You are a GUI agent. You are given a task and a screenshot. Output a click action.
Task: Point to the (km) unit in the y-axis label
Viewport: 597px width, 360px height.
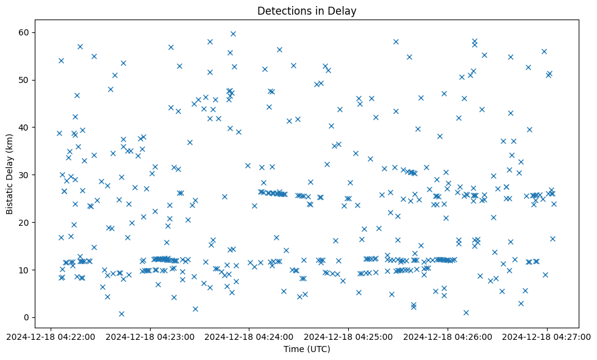coord(10,143)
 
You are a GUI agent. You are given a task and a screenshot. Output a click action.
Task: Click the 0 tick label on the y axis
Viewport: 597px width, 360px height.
coord(27,317)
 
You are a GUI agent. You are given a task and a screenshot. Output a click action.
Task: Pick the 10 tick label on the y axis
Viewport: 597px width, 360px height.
coord(24,270)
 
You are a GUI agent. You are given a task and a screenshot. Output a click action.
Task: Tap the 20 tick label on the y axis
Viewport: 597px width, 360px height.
coord(24,222)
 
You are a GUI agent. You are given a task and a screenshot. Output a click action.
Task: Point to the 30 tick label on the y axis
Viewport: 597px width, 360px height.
coord(24,175)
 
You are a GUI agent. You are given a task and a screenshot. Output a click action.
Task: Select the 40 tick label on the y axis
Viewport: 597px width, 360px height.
coord(24,127)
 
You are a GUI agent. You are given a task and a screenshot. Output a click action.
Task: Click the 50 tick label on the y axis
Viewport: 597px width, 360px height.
coord(24,79)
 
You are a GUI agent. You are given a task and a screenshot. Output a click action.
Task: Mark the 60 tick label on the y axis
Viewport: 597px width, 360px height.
coord(24,32)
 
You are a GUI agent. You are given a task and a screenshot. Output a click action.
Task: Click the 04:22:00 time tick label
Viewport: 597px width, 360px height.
coord(52,336)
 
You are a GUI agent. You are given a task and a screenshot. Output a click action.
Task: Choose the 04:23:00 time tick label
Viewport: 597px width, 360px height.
coord(150,336)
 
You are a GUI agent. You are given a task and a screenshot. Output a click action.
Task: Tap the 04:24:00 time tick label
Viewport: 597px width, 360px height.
coord(249,336)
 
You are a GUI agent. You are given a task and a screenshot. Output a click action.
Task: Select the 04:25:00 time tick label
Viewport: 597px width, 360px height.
coord(349,336)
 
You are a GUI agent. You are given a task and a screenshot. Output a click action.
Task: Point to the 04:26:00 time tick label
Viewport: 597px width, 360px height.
coord(448,336)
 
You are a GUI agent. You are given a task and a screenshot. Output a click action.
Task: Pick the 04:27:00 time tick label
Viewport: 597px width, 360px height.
coord(547,336)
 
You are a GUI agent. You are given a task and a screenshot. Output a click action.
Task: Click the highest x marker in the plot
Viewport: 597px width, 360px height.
coord(233,34)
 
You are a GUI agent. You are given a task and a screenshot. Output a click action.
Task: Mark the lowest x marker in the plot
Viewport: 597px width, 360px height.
coord(121,314)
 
